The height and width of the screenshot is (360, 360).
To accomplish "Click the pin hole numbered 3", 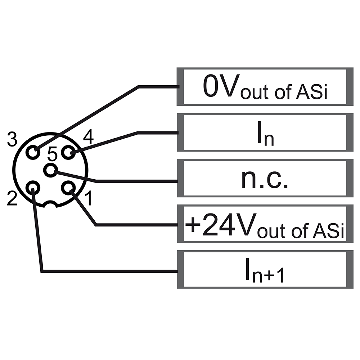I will pos(33,153).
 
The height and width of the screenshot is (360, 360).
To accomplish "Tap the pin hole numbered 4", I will pos(68,153).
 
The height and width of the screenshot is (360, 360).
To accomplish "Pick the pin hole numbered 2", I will pos(33,187).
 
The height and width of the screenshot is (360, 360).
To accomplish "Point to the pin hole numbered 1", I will pos(68,187).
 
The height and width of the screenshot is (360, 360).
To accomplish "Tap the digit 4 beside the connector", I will pos(88,137).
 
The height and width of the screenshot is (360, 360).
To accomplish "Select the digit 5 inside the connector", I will pos(52,155).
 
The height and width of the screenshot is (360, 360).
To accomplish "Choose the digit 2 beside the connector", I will pos(12,199).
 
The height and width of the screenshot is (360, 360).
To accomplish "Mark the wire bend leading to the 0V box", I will pos(139,87).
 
